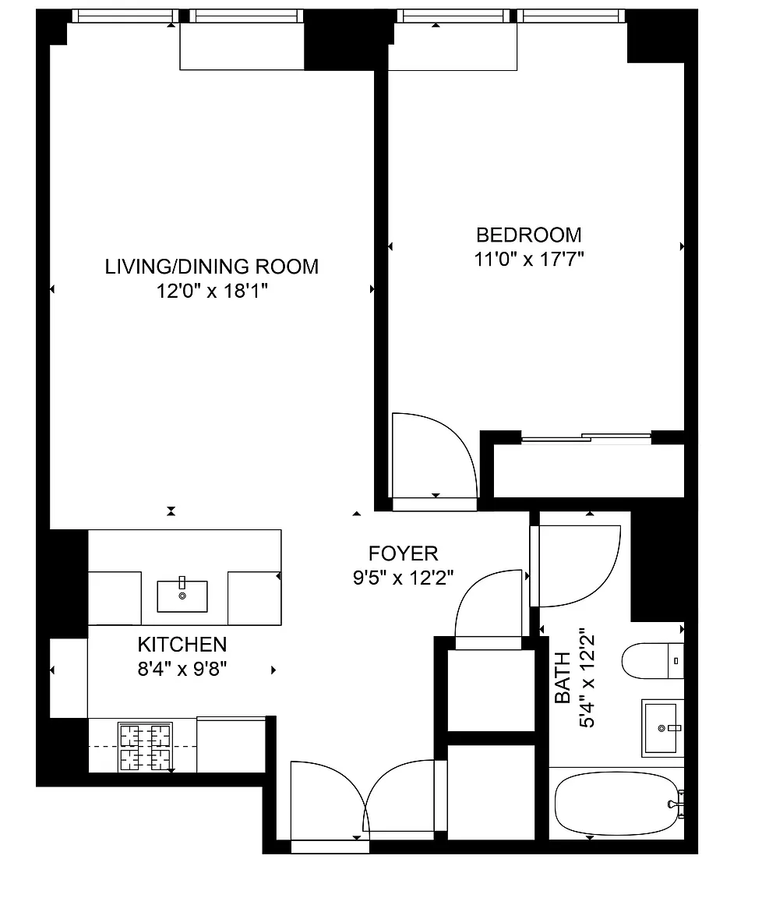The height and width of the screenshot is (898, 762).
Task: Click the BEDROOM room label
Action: [x=528, y=235]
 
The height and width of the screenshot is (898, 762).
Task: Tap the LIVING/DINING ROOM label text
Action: [x=212, y=267]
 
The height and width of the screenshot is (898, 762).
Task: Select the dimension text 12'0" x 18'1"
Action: [x=213, y=291]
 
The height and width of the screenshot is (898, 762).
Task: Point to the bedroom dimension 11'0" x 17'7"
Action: [x=529, y=260]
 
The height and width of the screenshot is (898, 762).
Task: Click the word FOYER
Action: [x=403, y=553]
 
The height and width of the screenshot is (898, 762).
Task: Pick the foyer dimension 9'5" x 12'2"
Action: [x=403, y=578]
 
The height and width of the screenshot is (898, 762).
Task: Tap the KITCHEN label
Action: [x=182, y=645]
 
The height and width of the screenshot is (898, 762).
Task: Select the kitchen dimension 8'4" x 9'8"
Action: [x=182, y=669]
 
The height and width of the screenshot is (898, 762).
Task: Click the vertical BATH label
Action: [x=563, y=677]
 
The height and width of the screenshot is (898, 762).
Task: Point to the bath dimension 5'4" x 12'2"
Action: [x=587, y=681]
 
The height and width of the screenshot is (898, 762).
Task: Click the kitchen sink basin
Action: [x=182, y=596]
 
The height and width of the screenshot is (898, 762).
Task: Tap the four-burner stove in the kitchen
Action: [x=145, y=746]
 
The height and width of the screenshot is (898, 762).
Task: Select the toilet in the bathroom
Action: [x=653, y=661]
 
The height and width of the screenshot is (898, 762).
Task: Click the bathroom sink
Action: [x=662, y=728]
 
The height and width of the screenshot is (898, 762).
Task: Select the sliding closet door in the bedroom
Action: [x=586, y=438]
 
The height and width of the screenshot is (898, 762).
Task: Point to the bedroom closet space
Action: [x=588, y=471]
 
